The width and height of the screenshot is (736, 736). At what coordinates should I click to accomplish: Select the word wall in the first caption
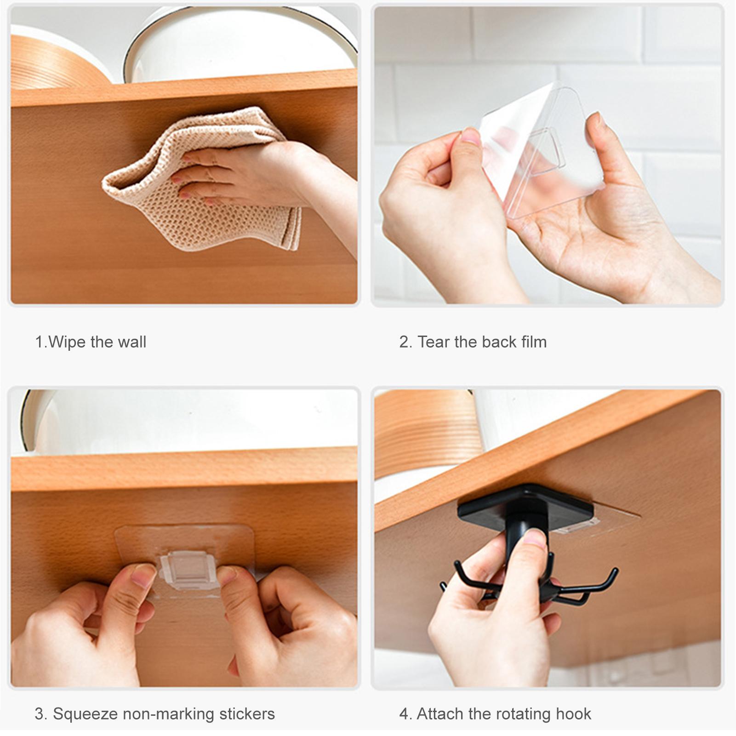[x=131, y=342]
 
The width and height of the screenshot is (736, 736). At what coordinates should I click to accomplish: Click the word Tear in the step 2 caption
[x=433, y=342]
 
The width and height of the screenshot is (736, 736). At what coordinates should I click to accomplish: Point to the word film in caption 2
[x=534, y=342]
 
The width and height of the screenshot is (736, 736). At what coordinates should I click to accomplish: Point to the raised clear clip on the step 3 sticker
[x=188, y=570]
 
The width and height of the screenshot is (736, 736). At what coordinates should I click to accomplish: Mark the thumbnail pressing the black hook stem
[x=535, y=538]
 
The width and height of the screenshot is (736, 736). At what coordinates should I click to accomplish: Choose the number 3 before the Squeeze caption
[x=39, y=714]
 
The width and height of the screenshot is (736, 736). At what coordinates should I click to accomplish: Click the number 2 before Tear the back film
[x=404, y=342]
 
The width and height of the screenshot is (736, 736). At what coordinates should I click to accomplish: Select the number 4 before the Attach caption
[x=404, y=714]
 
